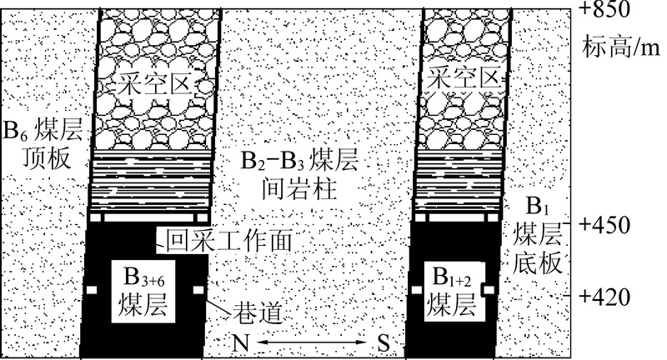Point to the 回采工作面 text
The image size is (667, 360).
coord(229,241)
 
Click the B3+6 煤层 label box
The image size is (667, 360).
coord(143,290)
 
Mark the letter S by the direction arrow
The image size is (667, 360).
coord(383,342)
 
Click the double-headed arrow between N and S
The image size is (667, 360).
coord(310,342)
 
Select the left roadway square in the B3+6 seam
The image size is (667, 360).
coord(91,290)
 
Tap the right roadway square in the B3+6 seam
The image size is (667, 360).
coord(198,290)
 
